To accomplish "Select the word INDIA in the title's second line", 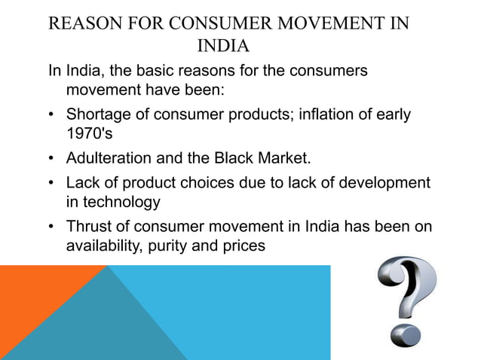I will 222,47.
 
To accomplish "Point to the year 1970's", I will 87,137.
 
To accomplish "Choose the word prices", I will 243,246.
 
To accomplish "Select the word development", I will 384,182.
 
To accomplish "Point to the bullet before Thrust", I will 51,225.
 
